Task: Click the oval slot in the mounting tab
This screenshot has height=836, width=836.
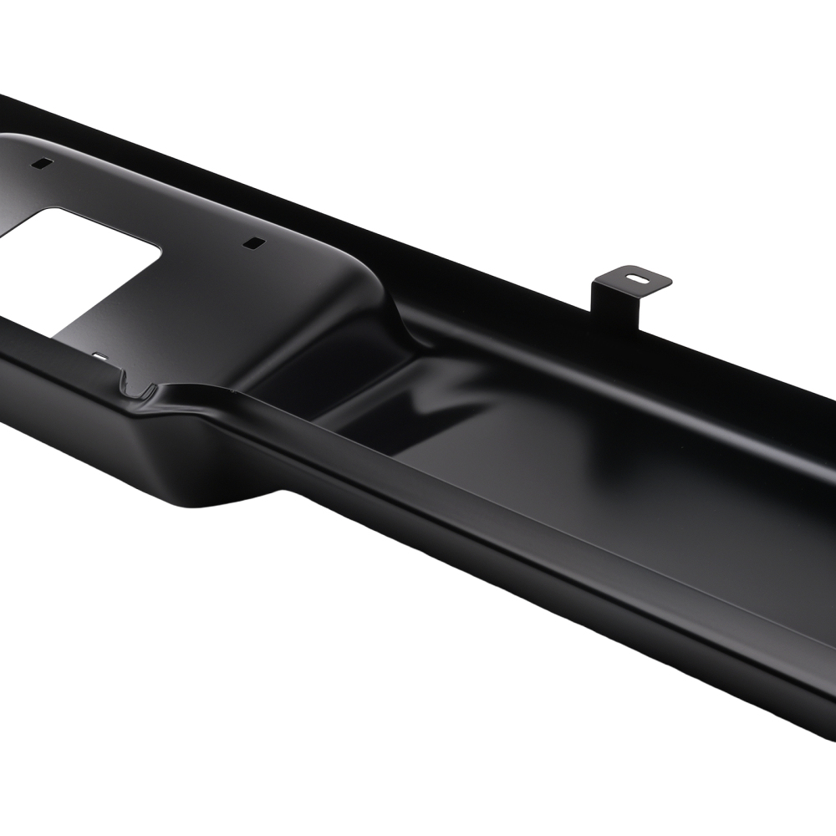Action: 638,275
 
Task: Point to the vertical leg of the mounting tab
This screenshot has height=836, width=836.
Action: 614,305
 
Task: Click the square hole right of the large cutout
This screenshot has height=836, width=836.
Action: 252,243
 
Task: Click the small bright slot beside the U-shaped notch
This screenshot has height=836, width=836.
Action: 100,357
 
